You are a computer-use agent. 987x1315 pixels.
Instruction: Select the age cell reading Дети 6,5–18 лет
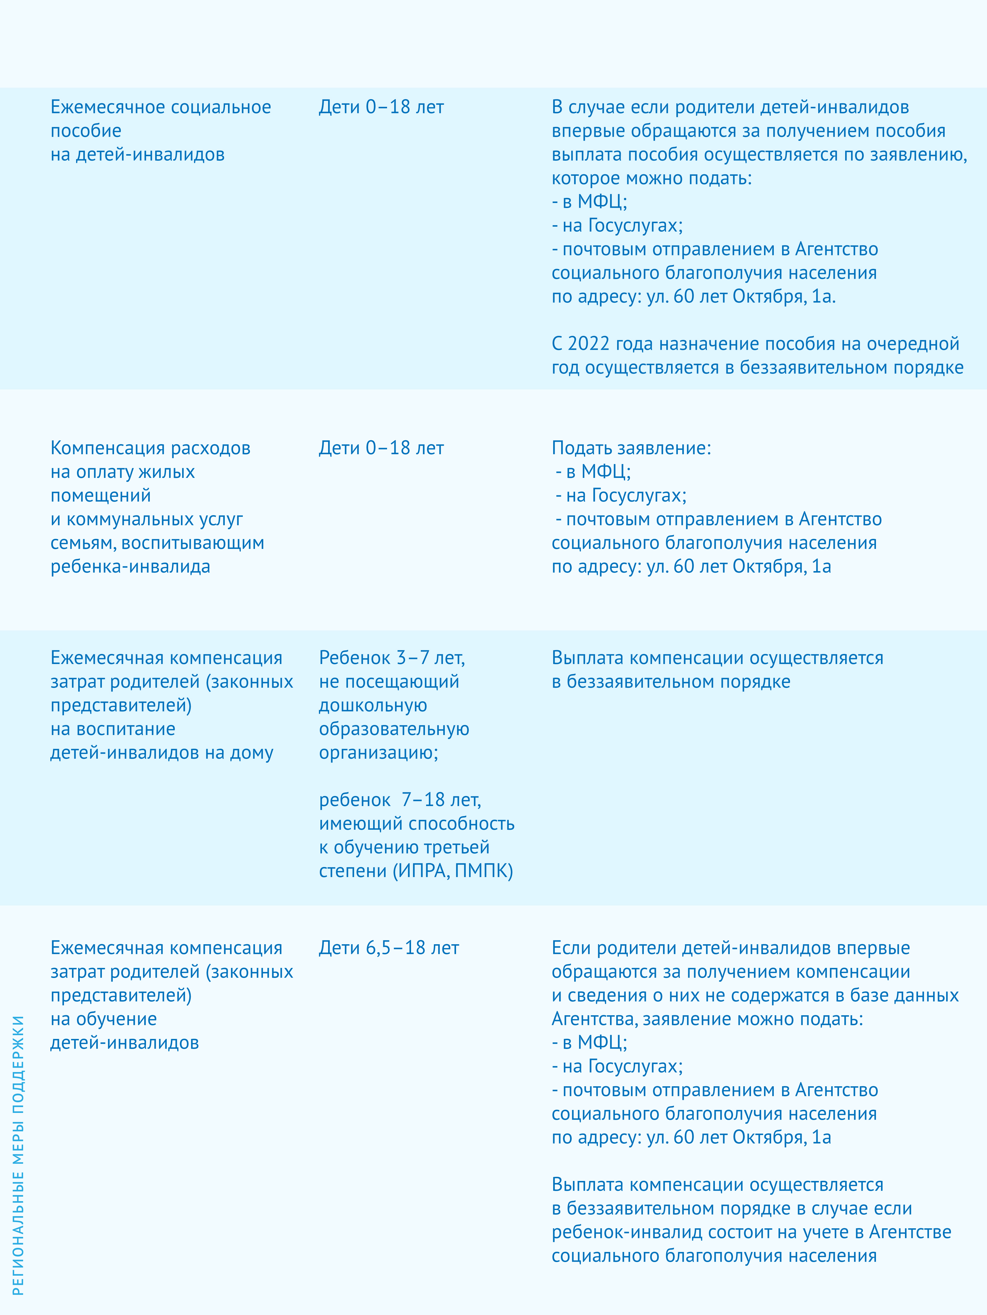point(389,947)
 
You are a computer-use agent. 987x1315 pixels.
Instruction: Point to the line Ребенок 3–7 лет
point(391,658)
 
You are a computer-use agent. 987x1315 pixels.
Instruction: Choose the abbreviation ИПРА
point(422,871)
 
